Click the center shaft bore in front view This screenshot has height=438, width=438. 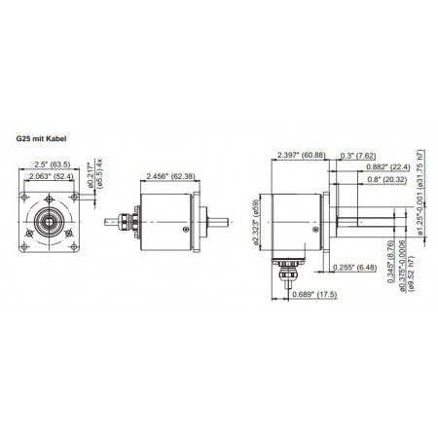point(46,222)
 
